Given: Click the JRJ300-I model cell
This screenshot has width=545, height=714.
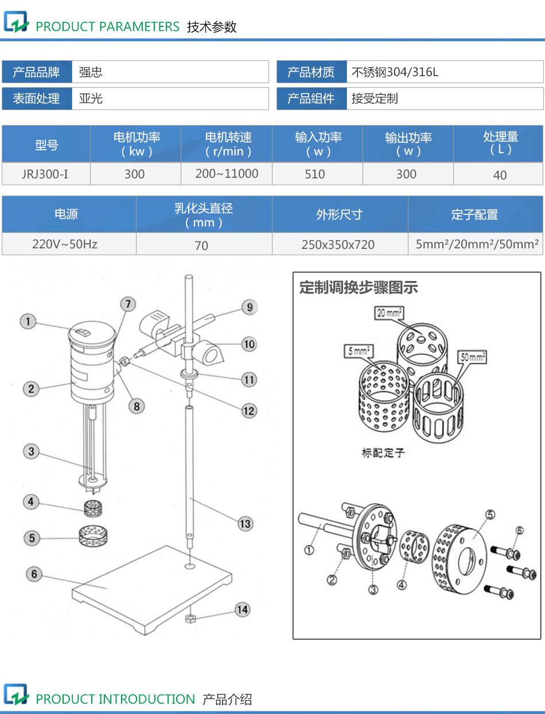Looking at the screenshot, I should tap(45, 174).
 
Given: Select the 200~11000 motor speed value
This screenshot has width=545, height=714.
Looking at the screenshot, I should tap(227, 174).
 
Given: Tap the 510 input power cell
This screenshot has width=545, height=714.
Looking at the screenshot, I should tap(315, 174).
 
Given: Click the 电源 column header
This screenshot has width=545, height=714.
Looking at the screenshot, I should tap(67, 214).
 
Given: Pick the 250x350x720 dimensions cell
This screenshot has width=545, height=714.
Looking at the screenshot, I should tap(338, 244).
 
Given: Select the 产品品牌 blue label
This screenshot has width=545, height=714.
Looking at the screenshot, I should tap(37, 72).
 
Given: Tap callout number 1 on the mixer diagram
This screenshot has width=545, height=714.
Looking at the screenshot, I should tap(28, 321).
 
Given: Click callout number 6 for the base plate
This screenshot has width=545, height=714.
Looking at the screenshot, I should tap(34, 573).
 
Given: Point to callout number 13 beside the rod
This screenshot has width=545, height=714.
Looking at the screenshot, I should tap(245, 523).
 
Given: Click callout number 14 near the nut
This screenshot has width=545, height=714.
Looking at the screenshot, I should tap(243, 609).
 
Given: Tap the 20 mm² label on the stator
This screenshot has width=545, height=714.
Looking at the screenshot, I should tap(388, 313).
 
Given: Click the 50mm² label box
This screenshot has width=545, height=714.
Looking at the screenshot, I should tap(472, 357).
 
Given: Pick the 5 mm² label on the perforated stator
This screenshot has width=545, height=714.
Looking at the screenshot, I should tap(359, 350).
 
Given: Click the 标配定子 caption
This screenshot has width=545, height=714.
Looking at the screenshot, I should tap(383, 452).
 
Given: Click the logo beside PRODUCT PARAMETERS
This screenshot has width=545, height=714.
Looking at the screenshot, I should tap(15, 23).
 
